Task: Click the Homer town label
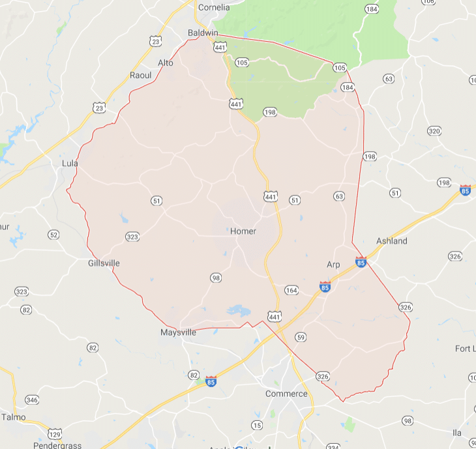(243, 231)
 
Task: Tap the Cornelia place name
(214, 8)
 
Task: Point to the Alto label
(166, 63)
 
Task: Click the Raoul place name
(140, 75)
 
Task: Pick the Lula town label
(69, 163)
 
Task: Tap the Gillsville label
(104, 263)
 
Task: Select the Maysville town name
(178, 332)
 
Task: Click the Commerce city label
(286, 394)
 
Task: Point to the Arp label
(333, 264)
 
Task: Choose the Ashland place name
(391, 241)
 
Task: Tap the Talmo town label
(13, 417)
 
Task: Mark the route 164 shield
(291, 290)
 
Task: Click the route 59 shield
(300, 337)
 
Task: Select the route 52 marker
(53, 235)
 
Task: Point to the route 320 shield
(434, 130)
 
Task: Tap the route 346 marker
(31, 399)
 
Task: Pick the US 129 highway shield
(55, 433)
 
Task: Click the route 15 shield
(256, 426)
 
